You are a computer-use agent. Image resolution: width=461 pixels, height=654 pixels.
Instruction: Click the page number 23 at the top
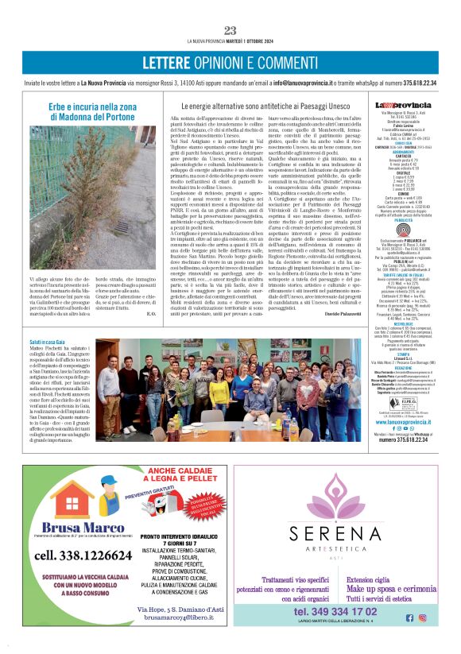point(230,30)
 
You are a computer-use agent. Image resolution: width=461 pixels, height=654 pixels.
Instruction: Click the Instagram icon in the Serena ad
point(422,617)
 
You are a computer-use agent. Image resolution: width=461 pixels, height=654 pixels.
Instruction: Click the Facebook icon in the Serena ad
point(410,617)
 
